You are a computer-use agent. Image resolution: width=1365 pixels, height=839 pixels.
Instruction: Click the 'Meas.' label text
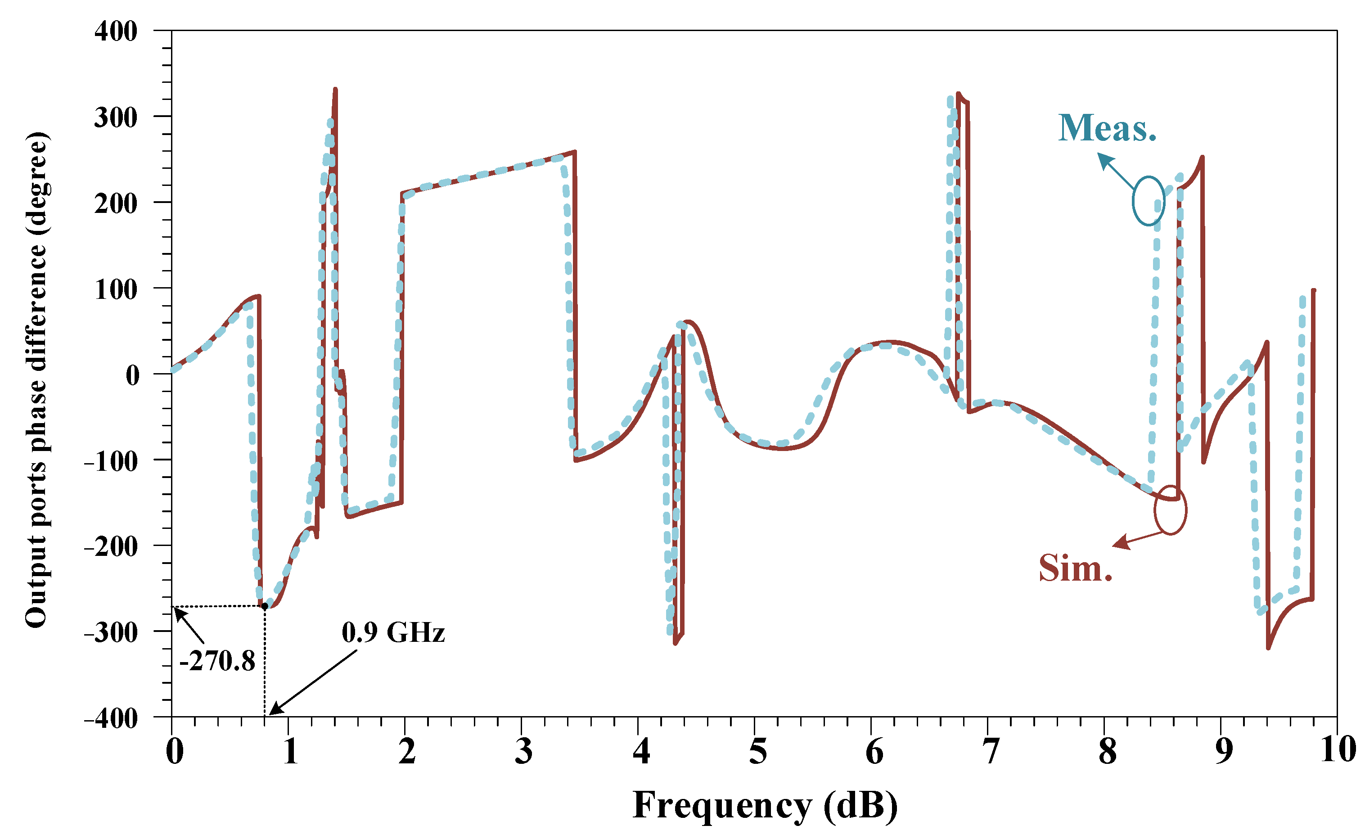tap(1107, 128)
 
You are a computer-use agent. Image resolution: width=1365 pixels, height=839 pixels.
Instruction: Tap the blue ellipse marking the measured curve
tap(1148, 201)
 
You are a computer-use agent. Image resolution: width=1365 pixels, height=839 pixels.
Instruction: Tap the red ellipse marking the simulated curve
tap(1170, 510)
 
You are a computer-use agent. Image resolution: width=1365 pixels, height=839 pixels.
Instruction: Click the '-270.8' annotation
tap(217, 661)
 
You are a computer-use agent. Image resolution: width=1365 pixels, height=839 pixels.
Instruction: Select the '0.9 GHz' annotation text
tap(393, 632)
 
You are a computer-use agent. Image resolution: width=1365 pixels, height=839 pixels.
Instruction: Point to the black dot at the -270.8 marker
tap(265, 606)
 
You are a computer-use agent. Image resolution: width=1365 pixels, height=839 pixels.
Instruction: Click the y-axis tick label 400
tap(116, 32)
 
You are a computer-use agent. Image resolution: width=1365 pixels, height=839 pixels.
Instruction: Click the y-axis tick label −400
tap(111, 718)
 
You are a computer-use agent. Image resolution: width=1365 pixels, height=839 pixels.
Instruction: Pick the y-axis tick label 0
tap(133, 375)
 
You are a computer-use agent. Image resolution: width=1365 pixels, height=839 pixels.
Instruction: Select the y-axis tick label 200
tap(116, 203)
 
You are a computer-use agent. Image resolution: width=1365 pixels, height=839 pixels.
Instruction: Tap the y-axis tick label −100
tap(111, 461)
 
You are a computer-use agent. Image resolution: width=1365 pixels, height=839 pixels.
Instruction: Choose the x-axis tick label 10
tap(1338, 750)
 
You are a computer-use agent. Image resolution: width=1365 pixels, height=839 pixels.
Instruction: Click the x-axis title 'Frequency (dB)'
tap(765, 805)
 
